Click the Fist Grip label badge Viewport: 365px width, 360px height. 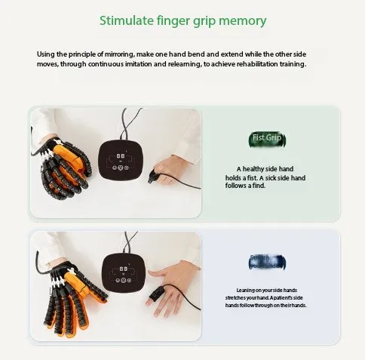click(x=266, y=139)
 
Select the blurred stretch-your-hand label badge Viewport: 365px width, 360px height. click(x=266, y=262)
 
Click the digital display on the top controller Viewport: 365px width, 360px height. click(x=121, y=156)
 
